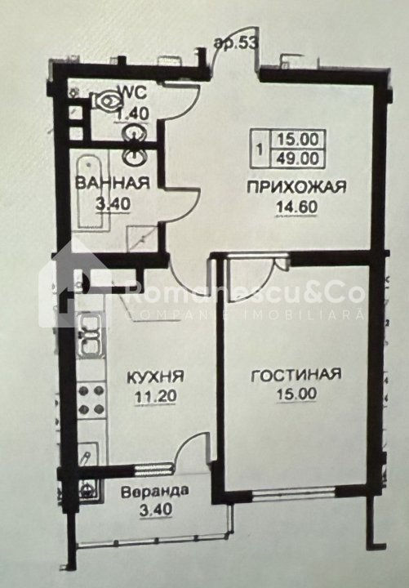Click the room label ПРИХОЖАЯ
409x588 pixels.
(296, 186)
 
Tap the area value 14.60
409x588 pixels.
(297, 207)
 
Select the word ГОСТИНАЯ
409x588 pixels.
(296, 375)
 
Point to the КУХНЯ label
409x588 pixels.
(156, 376)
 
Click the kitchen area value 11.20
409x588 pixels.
(156, 396)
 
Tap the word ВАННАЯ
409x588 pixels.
(113, 183)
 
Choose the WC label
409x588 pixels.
(132, 92)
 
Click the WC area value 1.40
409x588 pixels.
(133, 114)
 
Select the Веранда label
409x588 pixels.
(155, 492)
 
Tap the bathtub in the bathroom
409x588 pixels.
(90, 193)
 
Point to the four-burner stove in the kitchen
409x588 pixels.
(91, 399)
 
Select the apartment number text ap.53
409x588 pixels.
(236, 43)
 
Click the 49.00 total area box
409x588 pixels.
(298, 158)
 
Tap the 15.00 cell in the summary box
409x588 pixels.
(298, 140)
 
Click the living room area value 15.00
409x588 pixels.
(296, 394)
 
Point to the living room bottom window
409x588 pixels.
(294, 492)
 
